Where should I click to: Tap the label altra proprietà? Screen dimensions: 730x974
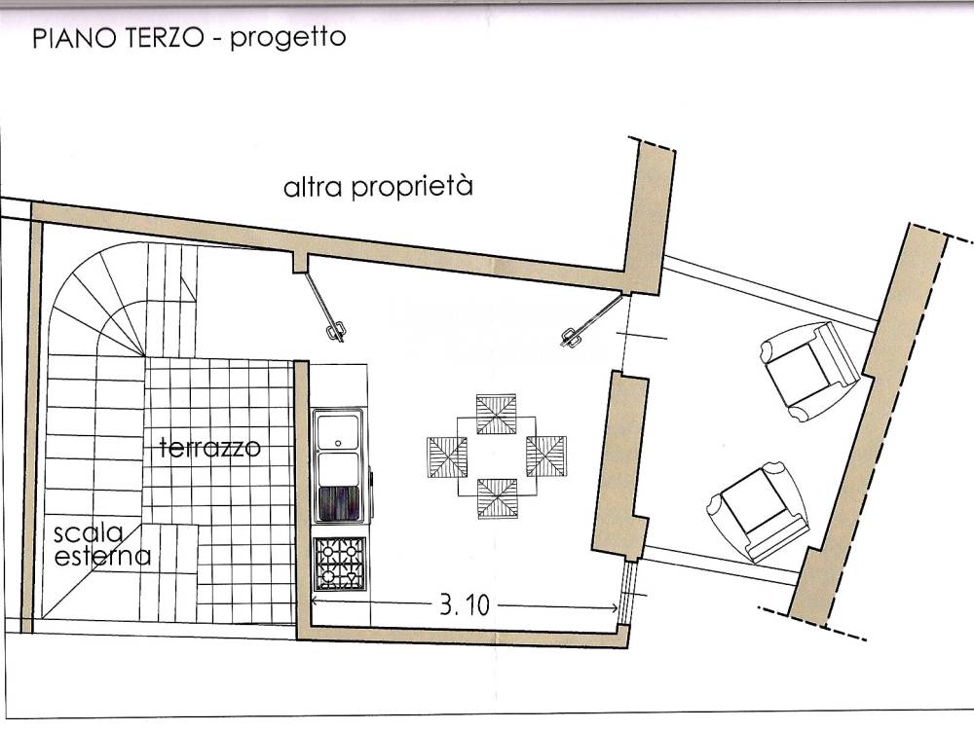point(378,186)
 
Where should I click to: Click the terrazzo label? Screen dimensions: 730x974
point(209,449)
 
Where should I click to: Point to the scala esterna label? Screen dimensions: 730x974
point(101,545)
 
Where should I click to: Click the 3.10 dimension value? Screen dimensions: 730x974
point(463,605)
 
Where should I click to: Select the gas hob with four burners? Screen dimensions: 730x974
point(339,563)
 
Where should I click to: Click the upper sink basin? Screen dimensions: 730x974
point(338,428)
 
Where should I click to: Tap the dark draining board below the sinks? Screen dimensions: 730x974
point(339,503)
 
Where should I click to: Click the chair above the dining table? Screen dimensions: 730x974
point(497,412)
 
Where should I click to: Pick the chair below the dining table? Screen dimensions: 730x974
point(497,498)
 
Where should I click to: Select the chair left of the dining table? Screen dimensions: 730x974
point(447,456)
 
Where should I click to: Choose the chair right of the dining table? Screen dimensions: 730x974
point(546,456)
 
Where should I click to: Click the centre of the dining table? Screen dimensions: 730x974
point(497,456)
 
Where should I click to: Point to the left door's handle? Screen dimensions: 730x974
point(335,331)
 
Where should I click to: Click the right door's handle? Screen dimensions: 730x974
point(570,337)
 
